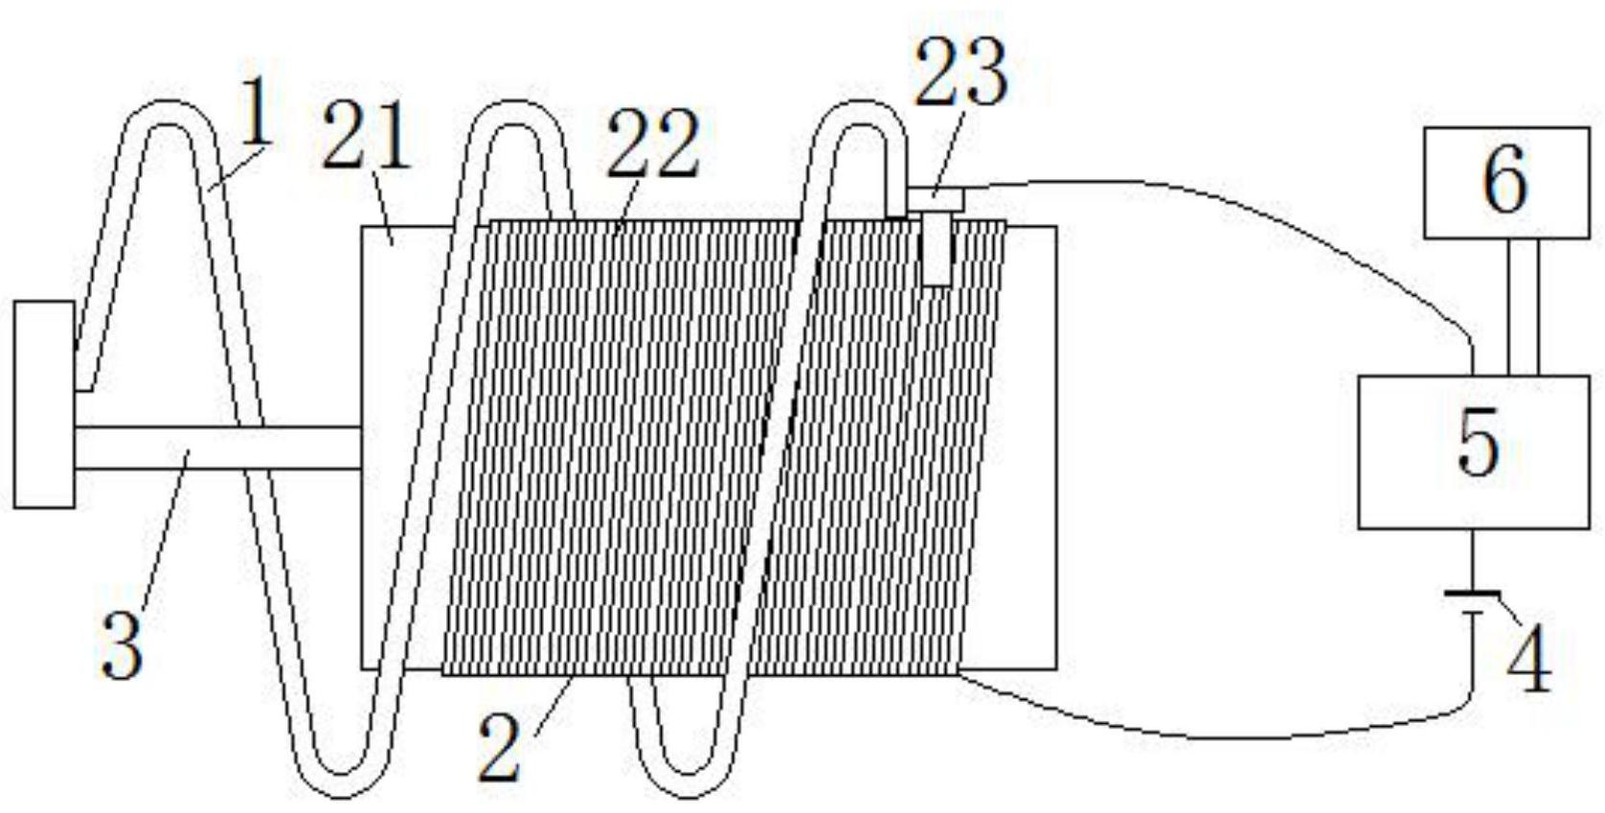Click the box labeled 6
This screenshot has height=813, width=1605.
click(1504, 182)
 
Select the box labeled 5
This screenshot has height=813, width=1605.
click(1474, 451)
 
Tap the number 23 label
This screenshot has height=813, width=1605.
click(961, 74)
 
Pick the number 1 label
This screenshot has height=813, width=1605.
click(255, 112)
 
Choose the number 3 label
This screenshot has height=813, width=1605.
click(123, 647)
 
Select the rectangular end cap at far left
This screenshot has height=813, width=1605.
click(44, 403)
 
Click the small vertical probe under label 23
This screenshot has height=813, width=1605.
click(938, 249)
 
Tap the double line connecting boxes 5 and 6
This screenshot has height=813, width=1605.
click(1523, 306)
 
